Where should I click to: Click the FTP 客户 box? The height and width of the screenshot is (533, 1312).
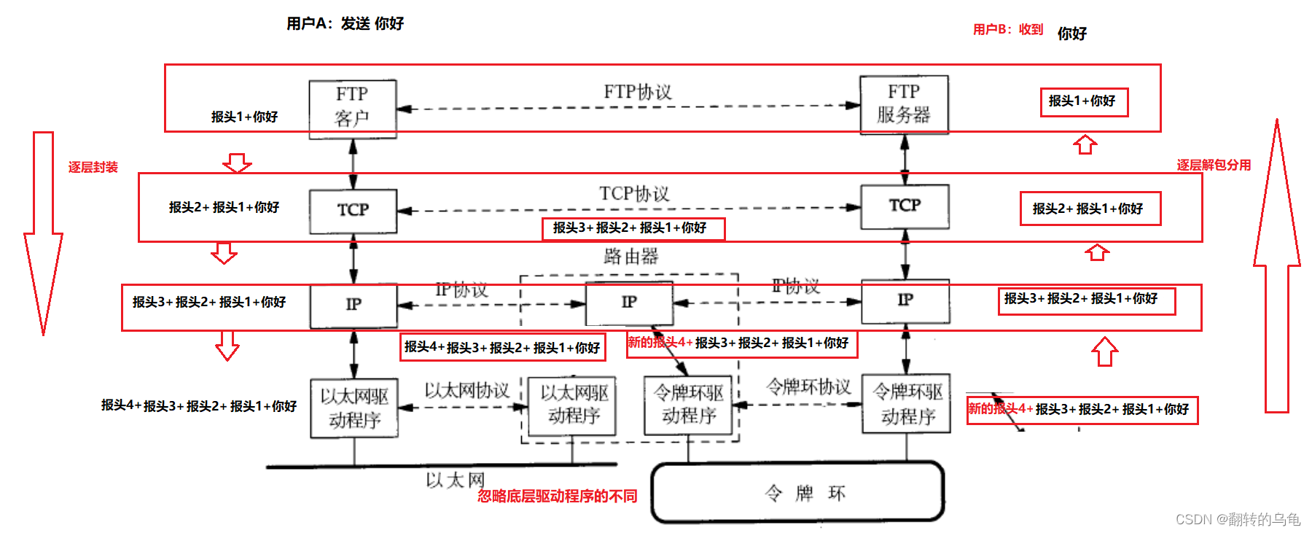[353, 108]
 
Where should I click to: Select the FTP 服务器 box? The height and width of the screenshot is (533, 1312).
[904, 104]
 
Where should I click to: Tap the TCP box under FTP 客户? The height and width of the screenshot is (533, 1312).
[353, 211]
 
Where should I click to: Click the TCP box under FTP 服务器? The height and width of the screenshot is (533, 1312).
[905, 206]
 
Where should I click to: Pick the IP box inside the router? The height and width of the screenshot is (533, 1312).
[629, 303]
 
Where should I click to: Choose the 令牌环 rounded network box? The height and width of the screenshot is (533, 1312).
[797, 492]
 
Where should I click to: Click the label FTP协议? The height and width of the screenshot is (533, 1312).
[638, 92]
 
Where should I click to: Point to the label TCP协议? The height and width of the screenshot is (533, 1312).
[634, 194]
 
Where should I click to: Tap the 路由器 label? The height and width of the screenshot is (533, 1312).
[631, 257]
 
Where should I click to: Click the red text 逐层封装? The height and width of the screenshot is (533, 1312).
[93, 167]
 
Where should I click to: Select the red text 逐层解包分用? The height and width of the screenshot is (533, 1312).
[1214, 165]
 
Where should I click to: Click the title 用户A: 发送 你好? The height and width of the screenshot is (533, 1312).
[345, 24]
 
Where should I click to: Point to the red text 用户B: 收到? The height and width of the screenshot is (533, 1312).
[1008, 30]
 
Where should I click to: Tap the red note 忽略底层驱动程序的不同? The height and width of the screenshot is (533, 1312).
[557, 497]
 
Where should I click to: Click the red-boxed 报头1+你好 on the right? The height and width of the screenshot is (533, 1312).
[1083, 101]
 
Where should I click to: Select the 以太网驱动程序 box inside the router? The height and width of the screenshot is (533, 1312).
[574, 405]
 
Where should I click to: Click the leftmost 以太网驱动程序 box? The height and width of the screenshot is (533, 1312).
[354, 408]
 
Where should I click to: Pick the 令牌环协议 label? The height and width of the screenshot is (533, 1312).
[808, 387]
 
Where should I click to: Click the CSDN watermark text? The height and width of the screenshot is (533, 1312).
[1238, 519]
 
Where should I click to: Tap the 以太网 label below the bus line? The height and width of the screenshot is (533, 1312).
[456, 480]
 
